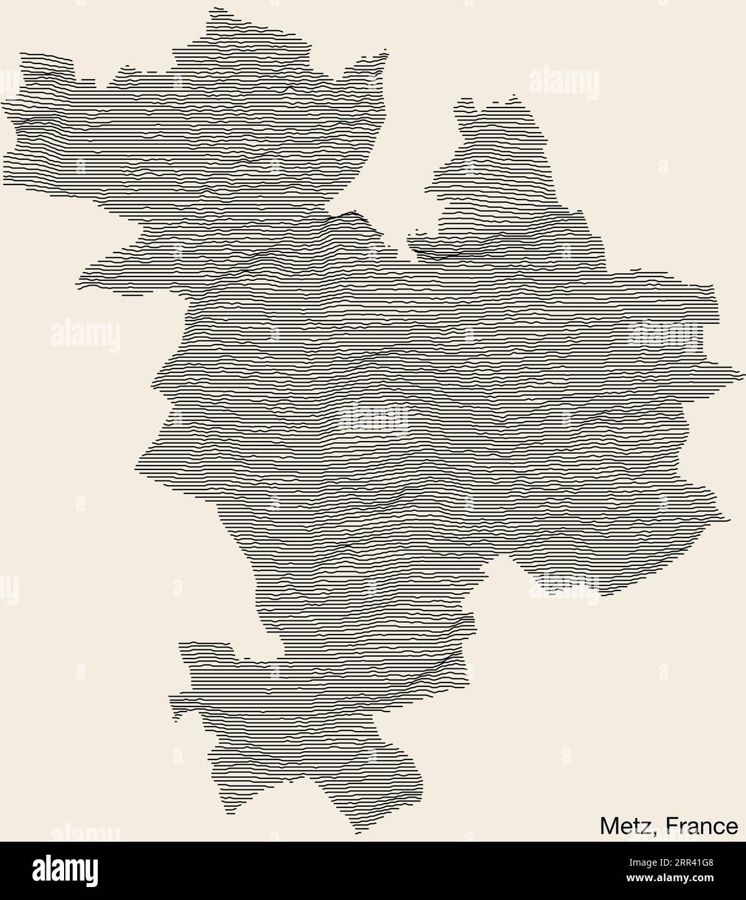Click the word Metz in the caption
624,826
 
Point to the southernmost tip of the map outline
356,833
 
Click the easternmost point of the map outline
740,374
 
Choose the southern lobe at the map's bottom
311,732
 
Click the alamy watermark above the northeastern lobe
563,82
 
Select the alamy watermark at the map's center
373,418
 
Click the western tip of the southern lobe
172,699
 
